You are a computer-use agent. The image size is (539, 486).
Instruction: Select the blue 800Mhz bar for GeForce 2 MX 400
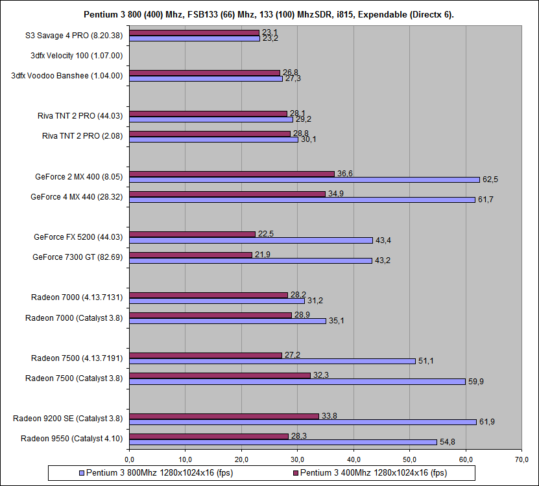tap(304, 179)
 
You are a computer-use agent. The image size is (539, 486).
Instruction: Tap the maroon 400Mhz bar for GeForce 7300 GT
tap(191, 255)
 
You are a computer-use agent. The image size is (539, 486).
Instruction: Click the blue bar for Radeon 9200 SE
tap(303, 422)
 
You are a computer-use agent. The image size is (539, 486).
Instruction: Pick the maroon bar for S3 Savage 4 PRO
tap(194, 32)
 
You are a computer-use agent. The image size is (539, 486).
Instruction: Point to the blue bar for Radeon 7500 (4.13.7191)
tap(272, 361)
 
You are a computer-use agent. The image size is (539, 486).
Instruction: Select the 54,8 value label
tap(447, 442)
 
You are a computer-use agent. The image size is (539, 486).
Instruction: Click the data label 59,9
tap(476, 382)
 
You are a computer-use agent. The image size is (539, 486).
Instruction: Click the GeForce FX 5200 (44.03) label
tap(78, 237)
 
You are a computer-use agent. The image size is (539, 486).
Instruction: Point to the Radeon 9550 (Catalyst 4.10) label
tap(72, 439)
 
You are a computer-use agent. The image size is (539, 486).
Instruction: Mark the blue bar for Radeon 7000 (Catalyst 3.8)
tap(227, 321)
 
